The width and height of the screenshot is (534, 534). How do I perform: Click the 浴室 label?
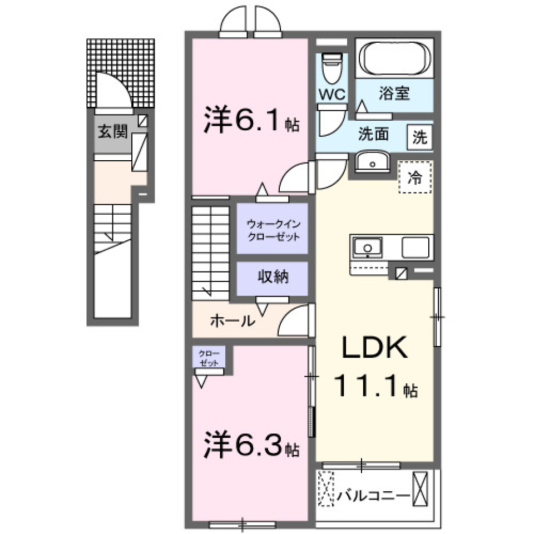(395, 93)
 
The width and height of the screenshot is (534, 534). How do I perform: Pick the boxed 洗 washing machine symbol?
(421, 137)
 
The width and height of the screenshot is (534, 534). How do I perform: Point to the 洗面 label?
(373, 135)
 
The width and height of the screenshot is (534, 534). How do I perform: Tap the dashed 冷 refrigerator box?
(415, 177)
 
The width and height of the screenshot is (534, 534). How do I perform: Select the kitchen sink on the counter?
(367, 246)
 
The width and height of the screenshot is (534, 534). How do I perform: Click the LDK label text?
(376, 349)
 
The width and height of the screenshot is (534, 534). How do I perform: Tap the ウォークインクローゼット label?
(273, 230)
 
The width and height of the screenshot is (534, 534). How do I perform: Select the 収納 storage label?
(273, 277)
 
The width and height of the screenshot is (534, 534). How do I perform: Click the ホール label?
(233, 320)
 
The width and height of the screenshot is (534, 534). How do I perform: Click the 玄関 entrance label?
(113, 132)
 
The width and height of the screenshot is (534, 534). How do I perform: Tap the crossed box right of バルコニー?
(421, 488)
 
